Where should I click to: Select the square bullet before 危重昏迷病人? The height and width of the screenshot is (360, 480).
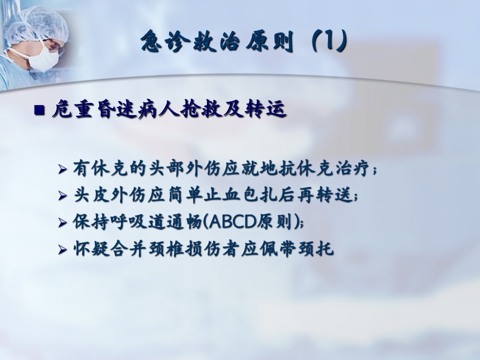[x=39, y=110]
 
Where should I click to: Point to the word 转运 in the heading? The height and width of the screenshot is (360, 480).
[x=265, y=109]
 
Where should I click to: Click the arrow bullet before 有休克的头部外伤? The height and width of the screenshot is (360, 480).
[x=63, y=169]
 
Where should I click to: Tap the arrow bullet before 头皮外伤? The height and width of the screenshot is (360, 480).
[x=63, y=195]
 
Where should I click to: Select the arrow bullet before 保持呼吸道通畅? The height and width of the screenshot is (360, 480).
[x=63, y=222]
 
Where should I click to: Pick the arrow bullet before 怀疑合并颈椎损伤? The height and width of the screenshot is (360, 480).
[x=63, y=249]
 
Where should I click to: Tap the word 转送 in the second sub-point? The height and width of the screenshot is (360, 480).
[x=334, y=194]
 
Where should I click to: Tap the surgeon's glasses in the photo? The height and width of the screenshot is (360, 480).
[x=52, y=45]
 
